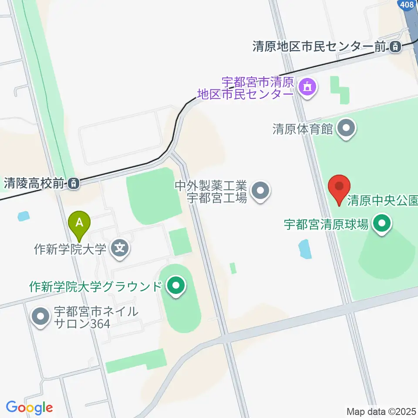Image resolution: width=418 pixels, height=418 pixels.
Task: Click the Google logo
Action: click(x=29, y=408)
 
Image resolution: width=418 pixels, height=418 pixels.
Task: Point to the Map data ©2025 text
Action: click(x=381, y=411)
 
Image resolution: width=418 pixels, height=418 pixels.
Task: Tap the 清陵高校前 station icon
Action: click(x=74, y=184)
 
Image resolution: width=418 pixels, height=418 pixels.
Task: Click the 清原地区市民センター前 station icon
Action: click(x=395, y=46)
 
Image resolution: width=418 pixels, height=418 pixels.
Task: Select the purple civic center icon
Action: click(x=308, y=87)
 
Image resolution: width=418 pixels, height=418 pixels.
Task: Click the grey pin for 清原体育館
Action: click(x=347, y=128)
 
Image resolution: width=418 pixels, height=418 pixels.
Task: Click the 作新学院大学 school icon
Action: click(x=120, y=249)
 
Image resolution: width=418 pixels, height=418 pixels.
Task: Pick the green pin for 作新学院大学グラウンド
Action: click(x=176, y=287)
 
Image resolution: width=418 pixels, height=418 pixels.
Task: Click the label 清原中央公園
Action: click(x=382, y=202)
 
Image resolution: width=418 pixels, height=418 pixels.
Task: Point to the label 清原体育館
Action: click(x=303, y=129)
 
